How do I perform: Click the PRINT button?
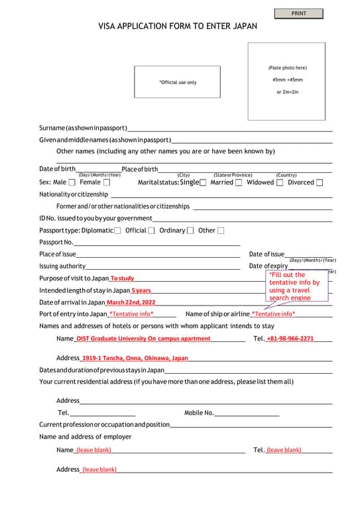(298, 13)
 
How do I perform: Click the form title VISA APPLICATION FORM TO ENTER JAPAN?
(178, 27)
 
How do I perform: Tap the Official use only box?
(177, 82)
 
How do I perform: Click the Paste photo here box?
(287, 82)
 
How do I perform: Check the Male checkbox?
(72, 182)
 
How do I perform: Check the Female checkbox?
(107, 182)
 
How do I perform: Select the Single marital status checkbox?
(203, 182)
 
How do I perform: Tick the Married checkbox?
(239, 182)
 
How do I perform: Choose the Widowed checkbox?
(280, 182)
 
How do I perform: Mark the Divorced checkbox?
(320, 182)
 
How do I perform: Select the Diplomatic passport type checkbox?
(117, 231)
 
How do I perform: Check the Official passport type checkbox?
(151, 231)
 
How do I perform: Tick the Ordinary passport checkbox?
(190, 231)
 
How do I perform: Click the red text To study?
(122, 278)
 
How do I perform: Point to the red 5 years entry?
(141, 291)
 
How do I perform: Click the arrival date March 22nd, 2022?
(131, 303)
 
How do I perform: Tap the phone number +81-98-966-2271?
(290, 339)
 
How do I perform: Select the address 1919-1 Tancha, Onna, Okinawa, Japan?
(135, 358)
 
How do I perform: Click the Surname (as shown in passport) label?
(82, 127)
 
